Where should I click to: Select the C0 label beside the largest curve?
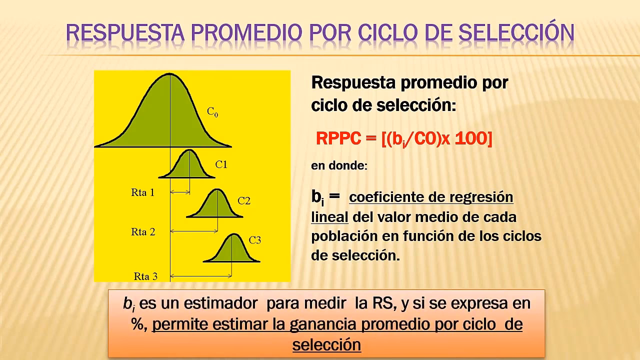tap(212, 112)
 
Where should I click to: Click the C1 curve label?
tap(221, 164)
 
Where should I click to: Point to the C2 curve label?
tap(244, 201)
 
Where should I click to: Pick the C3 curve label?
tap(254, 240)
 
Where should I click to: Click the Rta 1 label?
tap(143, 192)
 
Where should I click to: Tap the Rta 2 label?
tap(143, 231)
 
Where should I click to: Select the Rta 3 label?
tap(145, 276)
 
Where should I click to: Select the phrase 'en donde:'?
tap(339, 165)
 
